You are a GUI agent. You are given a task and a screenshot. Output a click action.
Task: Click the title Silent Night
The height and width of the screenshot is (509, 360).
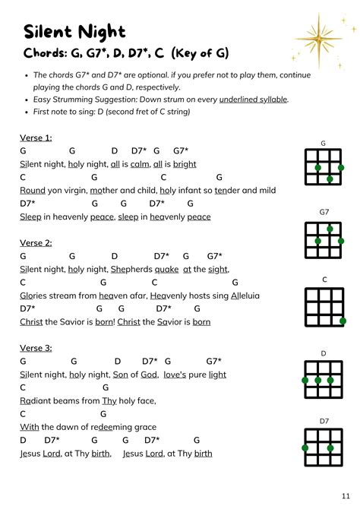coord(75,31)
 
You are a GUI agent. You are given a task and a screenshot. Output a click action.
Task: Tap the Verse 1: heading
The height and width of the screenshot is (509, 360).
coord(36,138)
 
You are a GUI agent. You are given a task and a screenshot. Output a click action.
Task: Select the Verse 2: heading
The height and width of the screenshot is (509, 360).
coord(36,242)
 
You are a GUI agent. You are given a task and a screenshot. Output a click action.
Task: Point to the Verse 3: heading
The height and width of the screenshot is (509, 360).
coord(36,347)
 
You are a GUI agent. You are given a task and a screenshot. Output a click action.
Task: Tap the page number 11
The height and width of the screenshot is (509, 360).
coord(346,495)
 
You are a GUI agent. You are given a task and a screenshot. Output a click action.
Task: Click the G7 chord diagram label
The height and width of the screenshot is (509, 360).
coord(324,211)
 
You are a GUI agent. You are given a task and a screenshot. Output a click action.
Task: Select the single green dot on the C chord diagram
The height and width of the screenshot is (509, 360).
coord(342,321)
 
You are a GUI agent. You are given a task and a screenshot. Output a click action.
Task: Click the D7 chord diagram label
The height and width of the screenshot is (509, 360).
coord(324,421)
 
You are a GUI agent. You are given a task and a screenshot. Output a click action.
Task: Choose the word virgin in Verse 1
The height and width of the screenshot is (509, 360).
coord(74,190)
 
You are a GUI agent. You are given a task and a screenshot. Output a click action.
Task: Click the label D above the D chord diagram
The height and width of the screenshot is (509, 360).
coord(324,353)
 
